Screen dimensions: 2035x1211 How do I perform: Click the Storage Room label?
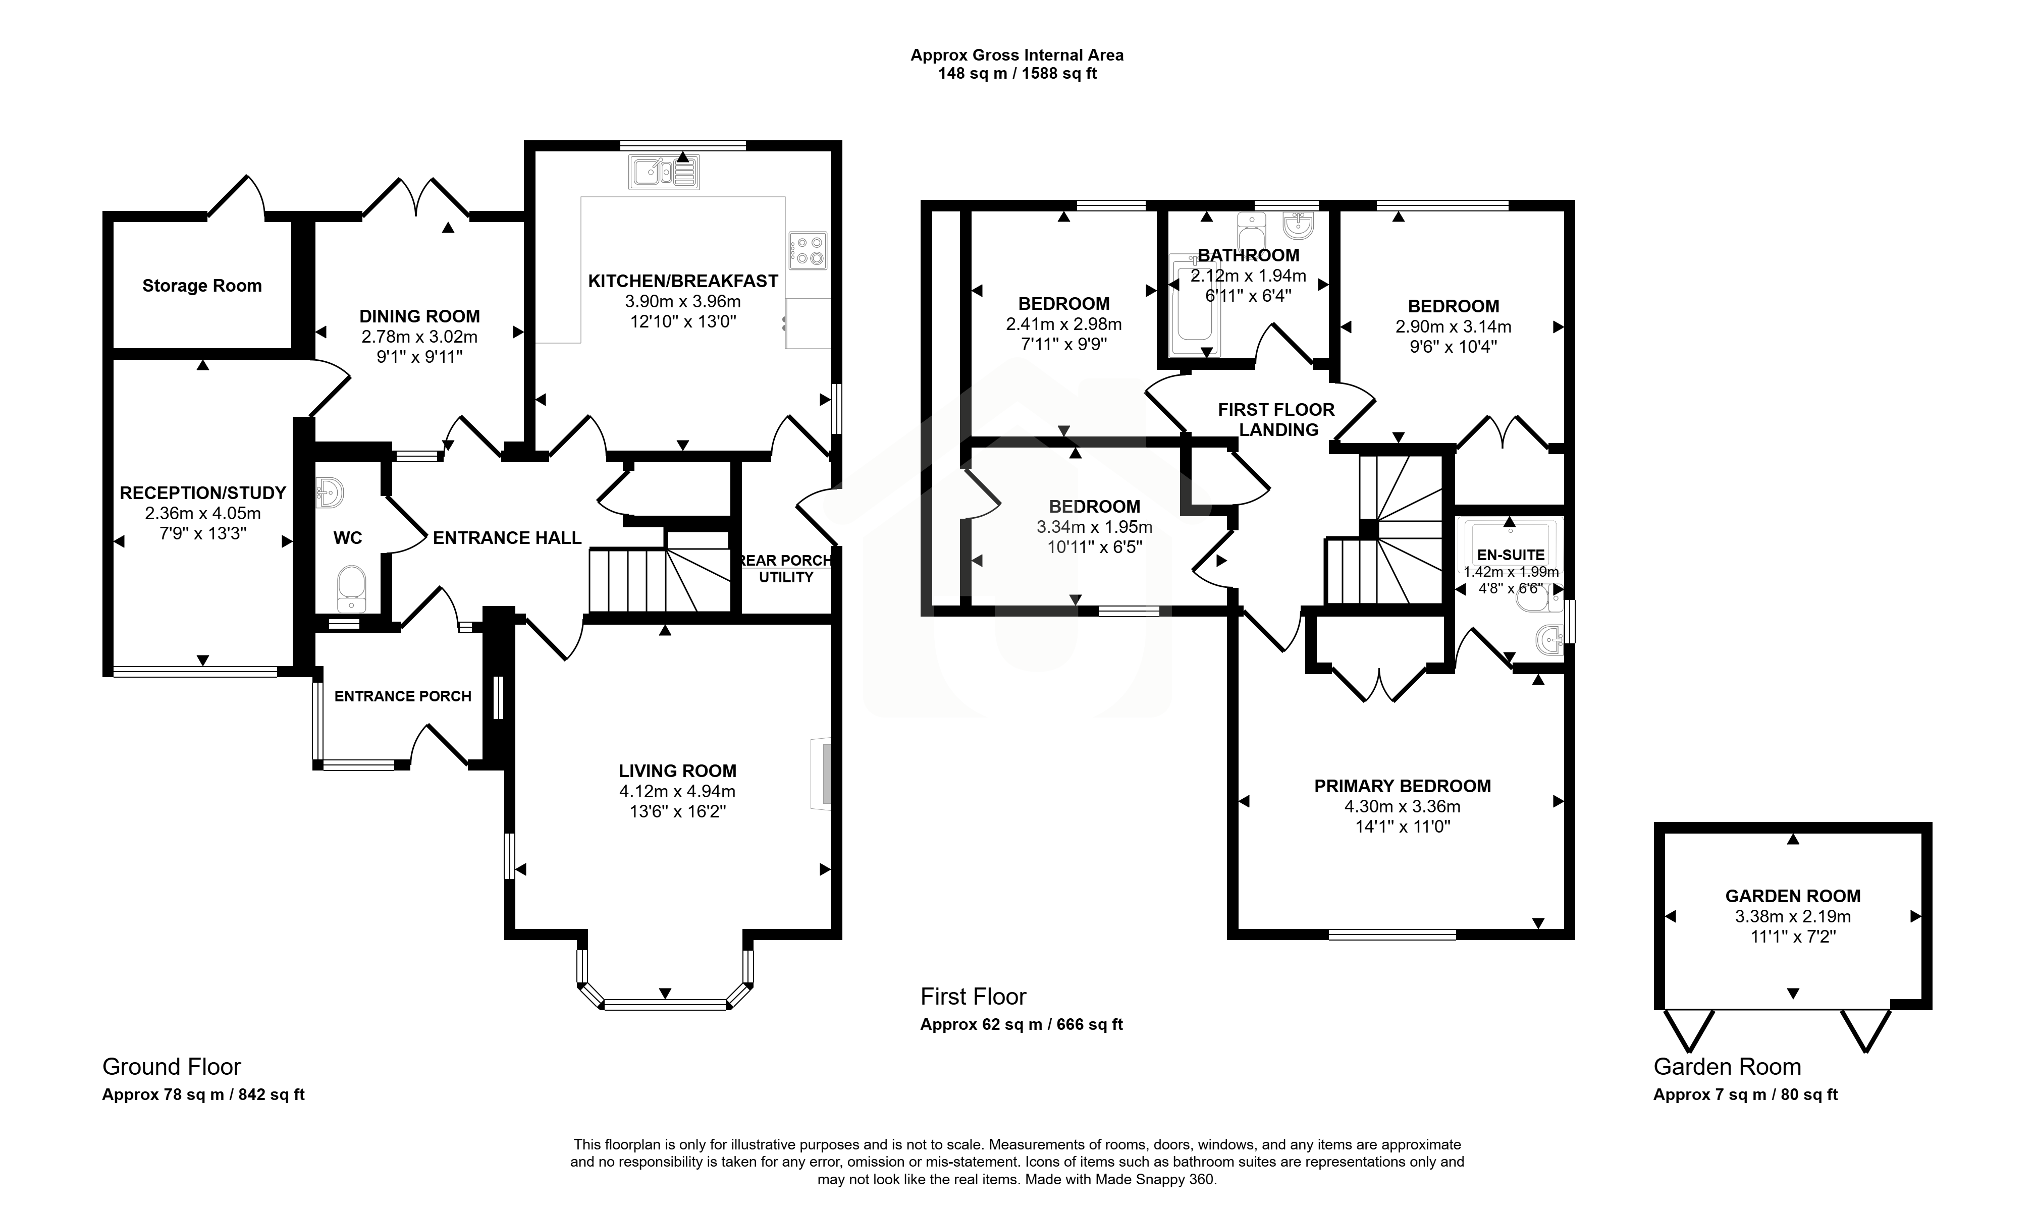pyautogui.click(x=201, y=286)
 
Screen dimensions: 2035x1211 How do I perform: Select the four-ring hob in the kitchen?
pyautogui.click(x=808, y=250)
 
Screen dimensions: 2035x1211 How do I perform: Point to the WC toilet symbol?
pyautogui.click(x=352, y=588)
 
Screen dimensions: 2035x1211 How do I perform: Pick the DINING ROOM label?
pyautogui.click(x=419, y=316)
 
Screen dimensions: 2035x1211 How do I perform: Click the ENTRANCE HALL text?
pyautogui.click(x=507, y=538)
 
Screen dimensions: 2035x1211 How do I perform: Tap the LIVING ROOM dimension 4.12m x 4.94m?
pyautogui.click(x=677, y=791)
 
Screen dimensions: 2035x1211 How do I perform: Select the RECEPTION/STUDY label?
pyautogui.click(x=203, y=493)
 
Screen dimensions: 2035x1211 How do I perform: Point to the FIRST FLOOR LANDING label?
pyautogui.click(x=1277, y=419)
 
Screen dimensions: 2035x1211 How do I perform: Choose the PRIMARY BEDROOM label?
pyautogui.click(x=1403, y=786)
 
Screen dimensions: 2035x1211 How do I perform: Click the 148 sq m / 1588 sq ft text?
pyautogui.click(x=1017, y=74)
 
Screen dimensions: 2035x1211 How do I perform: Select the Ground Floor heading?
pyautogui.click(x=172, y=1067)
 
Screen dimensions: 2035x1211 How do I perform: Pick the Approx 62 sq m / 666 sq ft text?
pyautogui.click(x=1021, y=1024)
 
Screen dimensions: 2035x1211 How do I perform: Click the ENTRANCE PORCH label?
pyautogui.click(x=403, y=696)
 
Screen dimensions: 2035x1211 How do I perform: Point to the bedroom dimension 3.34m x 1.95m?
pyautogui.click(x=1095, y=526)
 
